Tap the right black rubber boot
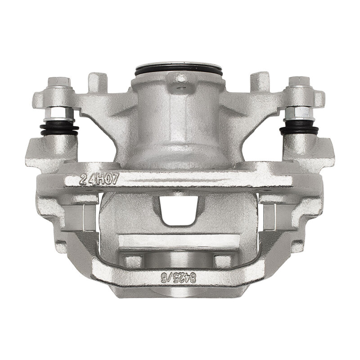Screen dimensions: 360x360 pyautogui.click(x=299, y=130)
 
